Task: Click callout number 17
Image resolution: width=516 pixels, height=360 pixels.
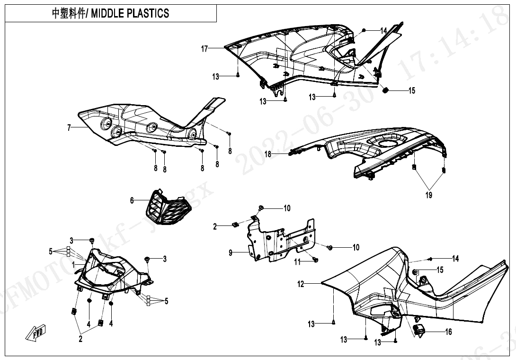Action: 205,48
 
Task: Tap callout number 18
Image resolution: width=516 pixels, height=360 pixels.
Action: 268,154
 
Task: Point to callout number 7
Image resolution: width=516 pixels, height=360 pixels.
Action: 70,127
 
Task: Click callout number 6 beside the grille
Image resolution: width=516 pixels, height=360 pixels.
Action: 133,200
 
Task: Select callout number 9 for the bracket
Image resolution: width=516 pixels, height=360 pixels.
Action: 231,253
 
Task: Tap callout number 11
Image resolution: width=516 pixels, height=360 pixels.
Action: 298,261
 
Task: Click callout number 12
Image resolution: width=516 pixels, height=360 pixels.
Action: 301,284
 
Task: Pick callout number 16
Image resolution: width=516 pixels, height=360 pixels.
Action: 448,332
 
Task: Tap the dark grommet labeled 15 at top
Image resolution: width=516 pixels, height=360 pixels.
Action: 385,90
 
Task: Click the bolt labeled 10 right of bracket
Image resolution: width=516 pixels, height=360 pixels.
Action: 330,248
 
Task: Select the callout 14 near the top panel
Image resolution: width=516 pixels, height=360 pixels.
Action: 383,31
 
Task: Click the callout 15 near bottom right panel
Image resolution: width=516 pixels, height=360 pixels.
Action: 440,270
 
